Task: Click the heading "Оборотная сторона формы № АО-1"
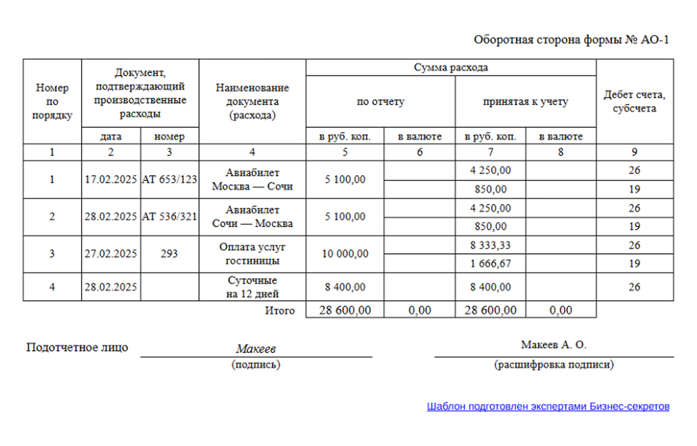(x=571, y=40)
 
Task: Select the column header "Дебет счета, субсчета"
(x=634, y=101)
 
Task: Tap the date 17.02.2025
(x=111, y=180)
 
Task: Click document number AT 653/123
(x=170, y=180)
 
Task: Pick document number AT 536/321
(x=170, y=217)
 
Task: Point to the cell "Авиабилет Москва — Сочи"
(x=252, y=180)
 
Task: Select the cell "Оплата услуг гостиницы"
(x=252, y=254)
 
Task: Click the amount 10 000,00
(x=345, y=254)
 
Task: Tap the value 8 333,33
(x=490, y=245)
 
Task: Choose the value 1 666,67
(x=490, y=264)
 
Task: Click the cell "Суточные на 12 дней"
(x=252, y=287)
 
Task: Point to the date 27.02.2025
(x=111, y=254)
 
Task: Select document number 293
(x=170, y=254)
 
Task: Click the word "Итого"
(x=280, y=310)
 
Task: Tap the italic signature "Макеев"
(x=256, y=349)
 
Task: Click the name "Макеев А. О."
(x=553, y=345)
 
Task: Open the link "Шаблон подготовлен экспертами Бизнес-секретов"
(x=548, y=407)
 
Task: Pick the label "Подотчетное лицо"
(x=77, y=348)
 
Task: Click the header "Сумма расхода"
(x=450, y=68)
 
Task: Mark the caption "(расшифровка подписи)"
(x=553, y=365)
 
